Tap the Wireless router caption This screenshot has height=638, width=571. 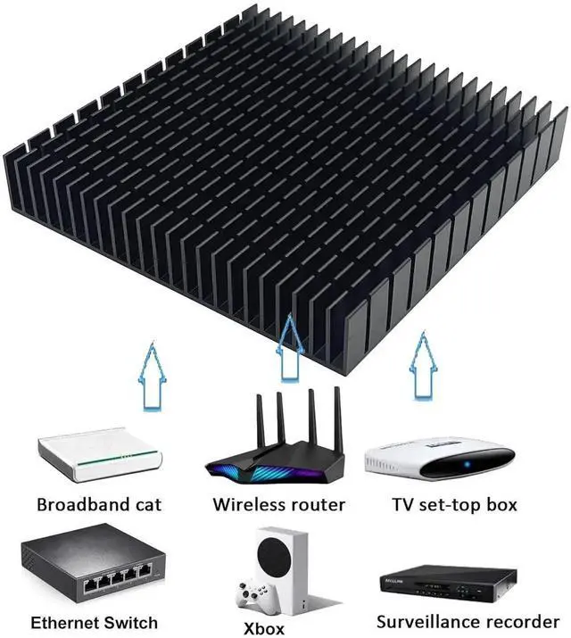278,505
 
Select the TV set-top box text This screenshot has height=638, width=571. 454,505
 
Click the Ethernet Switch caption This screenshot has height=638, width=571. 94,623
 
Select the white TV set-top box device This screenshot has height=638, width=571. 440,460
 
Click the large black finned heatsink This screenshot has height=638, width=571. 285,178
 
